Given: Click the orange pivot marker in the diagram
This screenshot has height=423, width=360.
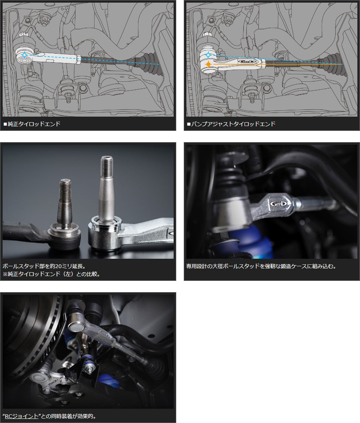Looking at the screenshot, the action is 208,64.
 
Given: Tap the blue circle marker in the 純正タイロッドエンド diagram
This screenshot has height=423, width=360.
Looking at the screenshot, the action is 24,55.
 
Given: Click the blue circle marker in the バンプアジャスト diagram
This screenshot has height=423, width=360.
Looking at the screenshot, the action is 208,55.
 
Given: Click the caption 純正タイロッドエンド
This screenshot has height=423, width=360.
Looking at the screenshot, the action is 34,124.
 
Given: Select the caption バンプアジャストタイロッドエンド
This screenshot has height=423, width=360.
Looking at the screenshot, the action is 233,124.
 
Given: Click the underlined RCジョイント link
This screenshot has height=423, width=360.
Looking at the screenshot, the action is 22,416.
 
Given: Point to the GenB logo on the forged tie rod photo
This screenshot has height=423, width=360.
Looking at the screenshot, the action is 279,203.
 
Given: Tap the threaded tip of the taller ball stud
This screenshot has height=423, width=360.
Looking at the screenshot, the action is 107,165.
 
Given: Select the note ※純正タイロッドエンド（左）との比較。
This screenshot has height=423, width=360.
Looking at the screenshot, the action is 51,274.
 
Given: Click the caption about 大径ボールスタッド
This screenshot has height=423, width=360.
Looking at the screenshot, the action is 261,266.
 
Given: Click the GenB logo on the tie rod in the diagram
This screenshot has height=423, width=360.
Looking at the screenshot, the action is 247,62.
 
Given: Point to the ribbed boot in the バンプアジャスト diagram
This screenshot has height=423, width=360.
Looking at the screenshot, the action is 333,64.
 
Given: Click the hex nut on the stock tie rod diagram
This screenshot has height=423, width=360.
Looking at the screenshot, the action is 78,59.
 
